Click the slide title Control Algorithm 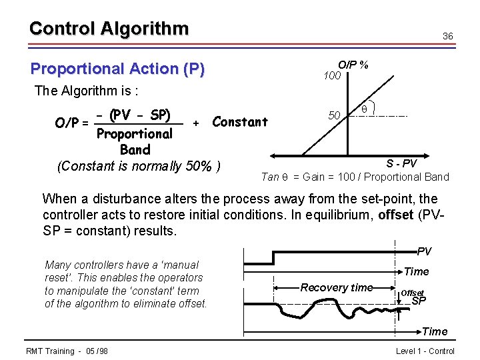pos(109,29)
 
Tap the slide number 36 pos(448,36)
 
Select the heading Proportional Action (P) pos(117,69)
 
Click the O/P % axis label pos(353,65)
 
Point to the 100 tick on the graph pos(332,76)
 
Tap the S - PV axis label pos(401,163)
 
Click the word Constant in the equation pos(239,122)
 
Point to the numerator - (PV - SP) pos(133,115)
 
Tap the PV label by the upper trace pos(424,251)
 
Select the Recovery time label pos(337,287)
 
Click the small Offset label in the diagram pos(411,293)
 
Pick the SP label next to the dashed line pos(419,301)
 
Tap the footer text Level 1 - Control pos(425,351)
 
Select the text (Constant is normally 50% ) pos(139,166)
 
